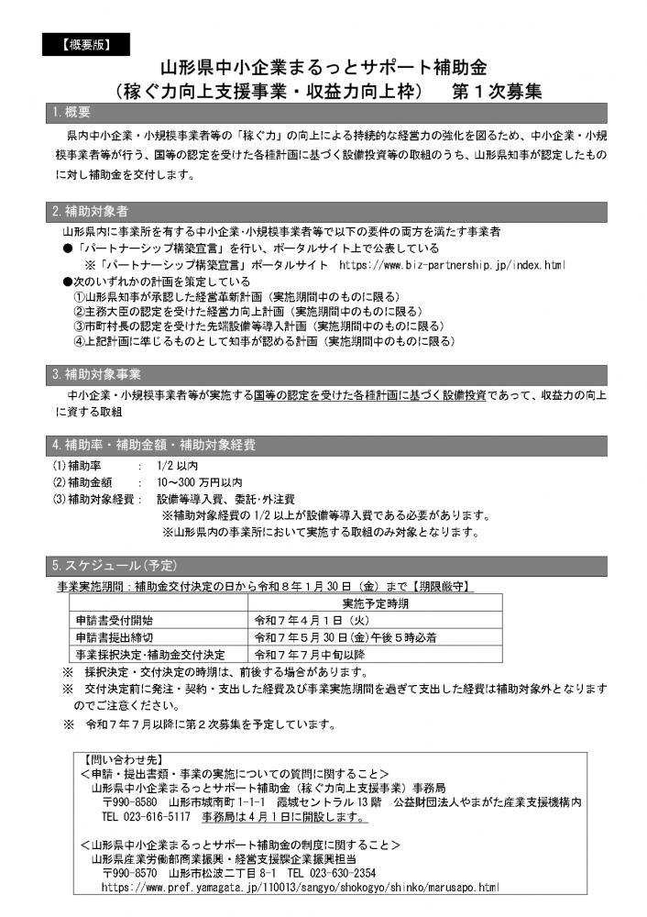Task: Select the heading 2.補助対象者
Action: click(90, 211)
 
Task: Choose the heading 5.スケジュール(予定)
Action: click(114, 561)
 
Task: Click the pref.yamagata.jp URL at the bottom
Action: click(300, 888)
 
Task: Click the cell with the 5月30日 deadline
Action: click(345, 637)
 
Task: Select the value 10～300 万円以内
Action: click(199, 481)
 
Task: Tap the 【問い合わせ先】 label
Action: click(116, 759)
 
